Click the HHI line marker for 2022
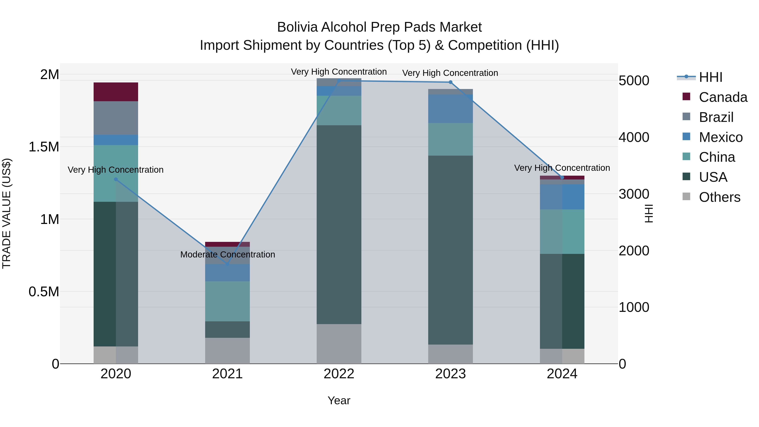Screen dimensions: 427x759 tap(339, 81)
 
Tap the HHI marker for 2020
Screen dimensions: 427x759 tap(116, 179)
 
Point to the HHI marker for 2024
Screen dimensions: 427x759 tap(562, 177)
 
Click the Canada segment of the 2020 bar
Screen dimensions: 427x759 tap(116, 92)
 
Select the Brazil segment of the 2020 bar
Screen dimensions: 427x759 tap(116, 118)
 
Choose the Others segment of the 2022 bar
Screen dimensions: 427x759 tap(339, 344)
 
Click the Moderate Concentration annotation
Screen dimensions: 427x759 tap(227, 254)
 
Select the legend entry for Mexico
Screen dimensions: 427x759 tap(720, 137)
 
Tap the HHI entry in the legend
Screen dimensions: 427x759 tap(710, 77)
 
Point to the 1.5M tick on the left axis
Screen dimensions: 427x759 tap(44, 147)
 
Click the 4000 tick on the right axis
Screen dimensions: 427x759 tap(634, 137)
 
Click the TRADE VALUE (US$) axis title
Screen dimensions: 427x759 tap(7, 213)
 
